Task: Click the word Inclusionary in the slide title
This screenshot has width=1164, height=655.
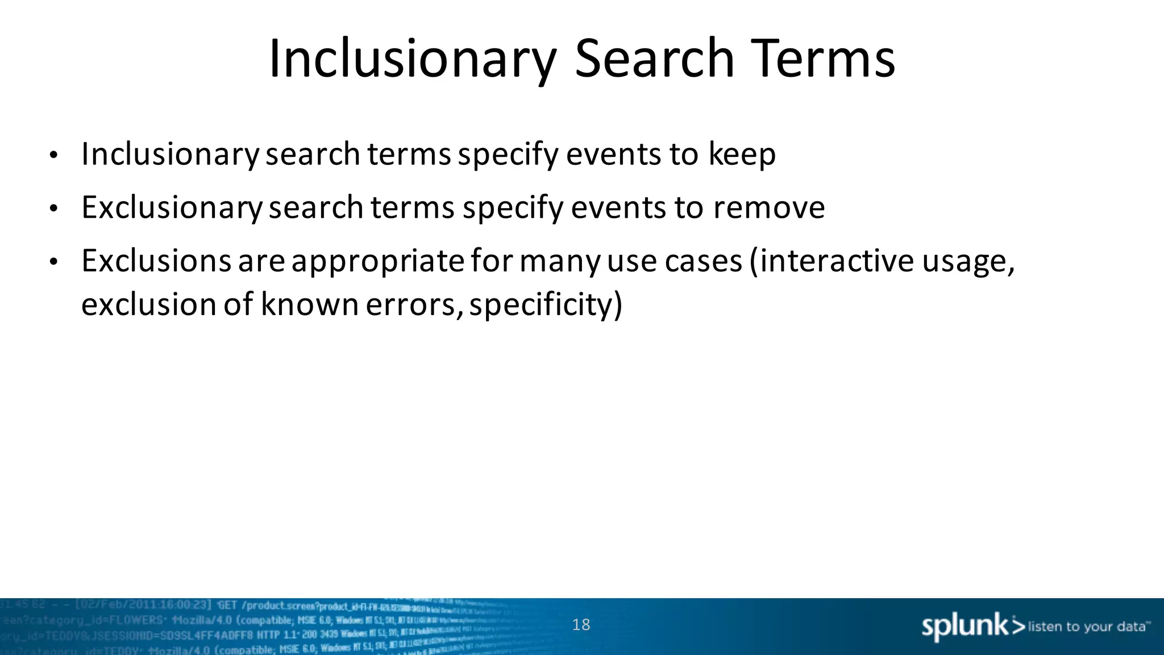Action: (412, 59)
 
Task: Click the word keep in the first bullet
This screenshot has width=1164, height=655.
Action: (742, 154)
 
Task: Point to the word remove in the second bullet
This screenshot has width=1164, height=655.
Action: (768, 208)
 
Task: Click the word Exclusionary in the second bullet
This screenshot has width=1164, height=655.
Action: (171, 208)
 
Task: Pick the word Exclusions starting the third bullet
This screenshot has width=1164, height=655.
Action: (156, 261)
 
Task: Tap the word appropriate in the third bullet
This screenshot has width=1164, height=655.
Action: (378, 262)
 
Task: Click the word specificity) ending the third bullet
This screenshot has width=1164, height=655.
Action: (546, 305)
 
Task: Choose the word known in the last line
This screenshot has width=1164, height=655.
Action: (309, 305)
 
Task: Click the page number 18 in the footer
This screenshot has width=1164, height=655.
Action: (581, 625)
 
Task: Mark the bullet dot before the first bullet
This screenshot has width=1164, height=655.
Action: (53, 155)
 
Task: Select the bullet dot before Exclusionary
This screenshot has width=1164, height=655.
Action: (53, 209)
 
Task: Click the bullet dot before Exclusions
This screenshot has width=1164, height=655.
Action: (53, 262)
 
